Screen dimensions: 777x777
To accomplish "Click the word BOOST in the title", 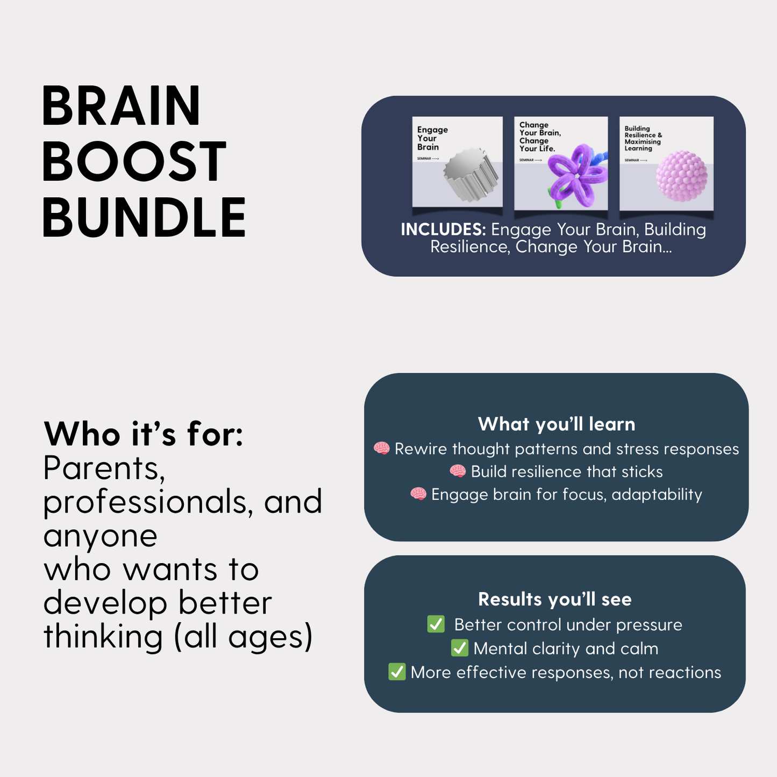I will tap(134, 161).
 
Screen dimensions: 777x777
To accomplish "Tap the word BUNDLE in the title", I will tap(144, 218).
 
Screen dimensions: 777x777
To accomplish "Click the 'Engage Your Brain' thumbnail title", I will tap(432, 138).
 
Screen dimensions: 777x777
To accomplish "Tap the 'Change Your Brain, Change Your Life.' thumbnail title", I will tap(539, 137).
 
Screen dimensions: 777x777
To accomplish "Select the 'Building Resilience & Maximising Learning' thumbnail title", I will tap(643, 138).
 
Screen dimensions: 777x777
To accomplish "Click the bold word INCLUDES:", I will tap(443, 230).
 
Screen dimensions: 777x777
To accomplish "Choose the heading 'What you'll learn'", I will tap(557, 424).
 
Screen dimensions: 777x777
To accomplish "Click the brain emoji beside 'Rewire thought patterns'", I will tap(382, 448).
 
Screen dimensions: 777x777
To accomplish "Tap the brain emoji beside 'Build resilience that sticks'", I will tap(458, 472).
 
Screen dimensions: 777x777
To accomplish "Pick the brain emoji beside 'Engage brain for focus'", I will tap(418, 494).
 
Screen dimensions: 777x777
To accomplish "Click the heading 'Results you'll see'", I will tap(555, 599).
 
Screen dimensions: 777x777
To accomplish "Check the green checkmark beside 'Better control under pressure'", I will tap(436, 624).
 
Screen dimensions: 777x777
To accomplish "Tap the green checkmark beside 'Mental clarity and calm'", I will tap(459, 648).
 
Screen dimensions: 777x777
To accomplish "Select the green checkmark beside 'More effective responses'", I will tap(397, 672).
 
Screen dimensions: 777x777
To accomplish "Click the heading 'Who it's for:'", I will tap(144, 434).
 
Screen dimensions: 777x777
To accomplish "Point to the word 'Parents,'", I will tap(104, 469).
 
